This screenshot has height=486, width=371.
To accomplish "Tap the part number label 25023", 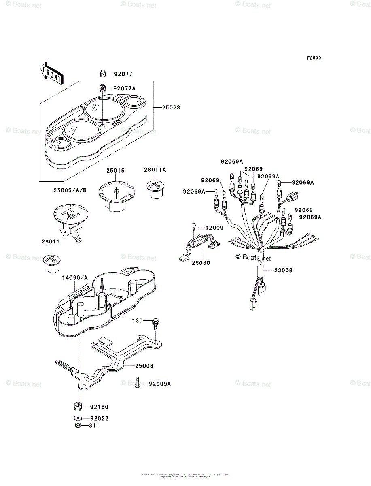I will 171,108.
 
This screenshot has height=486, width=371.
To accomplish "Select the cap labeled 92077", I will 103,74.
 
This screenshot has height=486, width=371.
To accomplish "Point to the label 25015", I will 116,171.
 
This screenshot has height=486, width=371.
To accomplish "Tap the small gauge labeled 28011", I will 51,262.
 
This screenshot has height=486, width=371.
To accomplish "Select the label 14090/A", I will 74,277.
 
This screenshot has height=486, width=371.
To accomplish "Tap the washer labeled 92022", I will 78,418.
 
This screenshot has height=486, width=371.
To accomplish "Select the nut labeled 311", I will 78,425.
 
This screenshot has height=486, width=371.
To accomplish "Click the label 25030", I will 201,263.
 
